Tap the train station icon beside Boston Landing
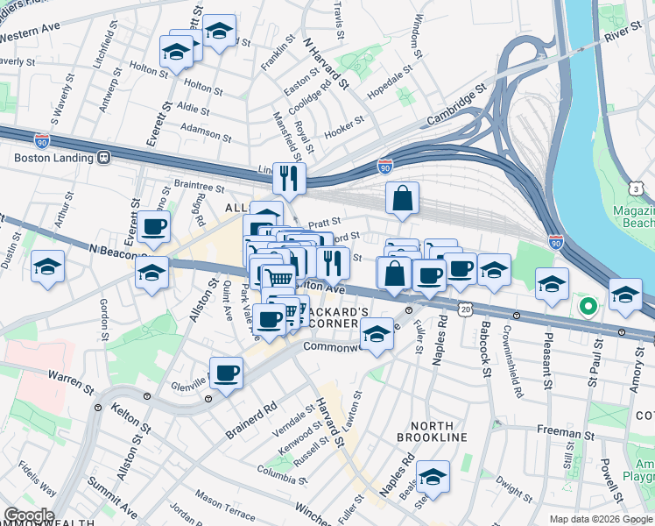[x=103, y=158]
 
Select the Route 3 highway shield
[x=635, y=188]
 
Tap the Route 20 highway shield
[x=465, y=309]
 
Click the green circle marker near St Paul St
[x=588, y=307]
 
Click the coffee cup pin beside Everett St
[x=154, y=227]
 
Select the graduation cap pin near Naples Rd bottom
[x=433, y=477]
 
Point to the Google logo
[x=28, y=515]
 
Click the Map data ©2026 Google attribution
[x=600, y=519]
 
